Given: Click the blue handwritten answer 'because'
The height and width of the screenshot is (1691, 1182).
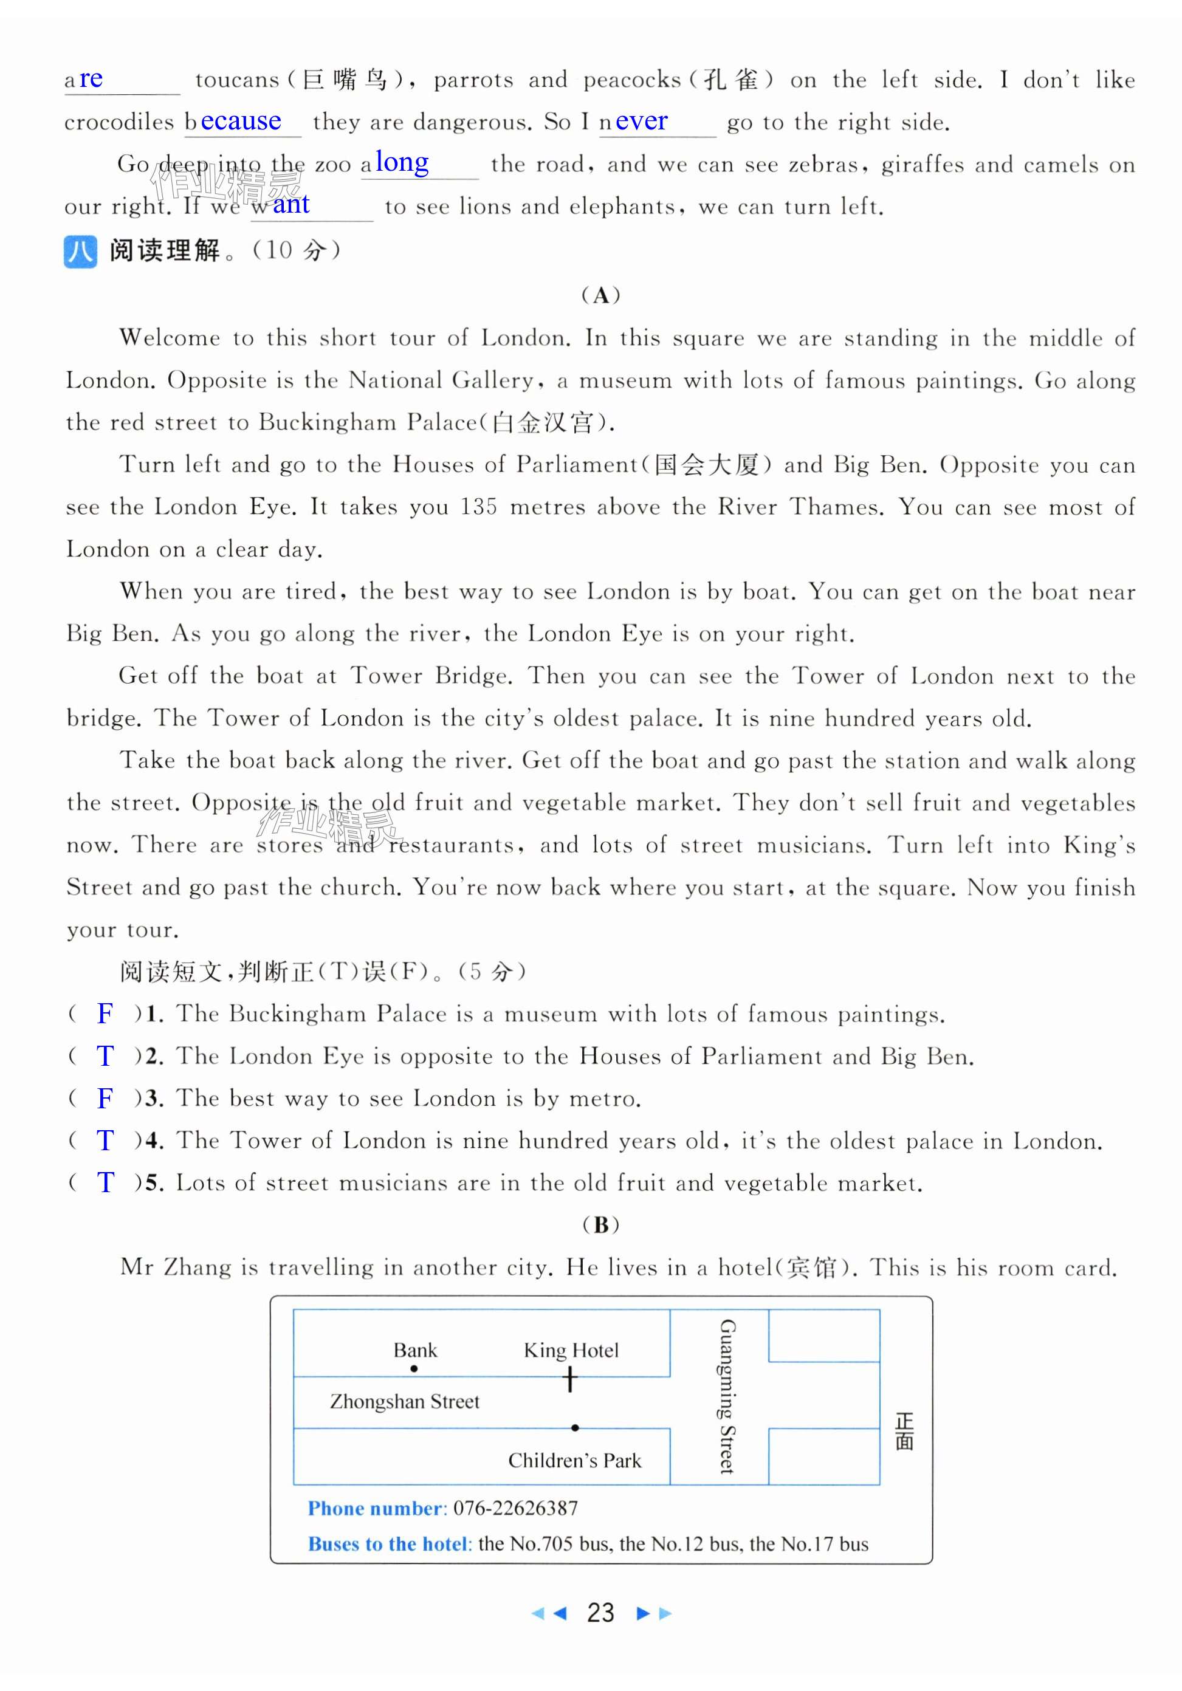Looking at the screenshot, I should point(240,121).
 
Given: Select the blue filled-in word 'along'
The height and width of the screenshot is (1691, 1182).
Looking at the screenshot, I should point(401,163).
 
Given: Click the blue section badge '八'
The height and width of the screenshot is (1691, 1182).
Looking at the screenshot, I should point(80,251).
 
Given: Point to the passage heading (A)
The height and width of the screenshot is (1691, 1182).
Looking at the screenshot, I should point(600,295).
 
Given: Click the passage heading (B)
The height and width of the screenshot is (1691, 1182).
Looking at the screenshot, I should point(600,1225).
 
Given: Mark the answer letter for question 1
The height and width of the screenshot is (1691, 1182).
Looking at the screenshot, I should point(105,1014).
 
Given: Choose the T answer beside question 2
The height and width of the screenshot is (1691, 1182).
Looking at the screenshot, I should point(105,1056).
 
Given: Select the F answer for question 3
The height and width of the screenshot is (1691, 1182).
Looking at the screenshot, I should point(105,1098).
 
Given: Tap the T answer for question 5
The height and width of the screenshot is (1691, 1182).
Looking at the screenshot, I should point(105,1183).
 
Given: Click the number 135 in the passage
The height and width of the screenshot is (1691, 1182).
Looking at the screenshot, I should point(479,507).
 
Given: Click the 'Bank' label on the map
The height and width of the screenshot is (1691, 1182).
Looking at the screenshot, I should point(414,1350).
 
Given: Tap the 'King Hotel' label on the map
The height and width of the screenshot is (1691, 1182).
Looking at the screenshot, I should point(571,1350).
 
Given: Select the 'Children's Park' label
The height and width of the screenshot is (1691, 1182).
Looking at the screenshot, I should point(574,1461).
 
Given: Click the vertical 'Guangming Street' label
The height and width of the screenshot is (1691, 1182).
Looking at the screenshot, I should point(727,1396).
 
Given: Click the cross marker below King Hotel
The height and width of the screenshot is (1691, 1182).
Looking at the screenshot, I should point(570,1379).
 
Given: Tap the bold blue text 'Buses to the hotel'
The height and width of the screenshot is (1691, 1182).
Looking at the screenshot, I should point(389,1544).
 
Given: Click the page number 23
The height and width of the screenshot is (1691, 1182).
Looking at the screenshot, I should point(600,1613).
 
